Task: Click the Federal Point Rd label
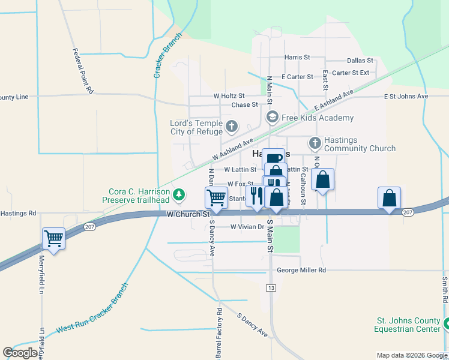[82, 71]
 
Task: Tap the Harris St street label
[297, 58]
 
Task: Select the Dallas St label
[360, 61]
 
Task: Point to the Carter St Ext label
[350, 73]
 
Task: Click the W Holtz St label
[229, 95]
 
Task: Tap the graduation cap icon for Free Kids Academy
[272, 117]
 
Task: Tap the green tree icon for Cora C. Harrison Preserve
[178, 194]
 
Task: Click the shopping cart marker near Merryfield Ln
[53, 238]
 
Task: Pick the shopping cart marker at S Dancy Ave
[216, 197]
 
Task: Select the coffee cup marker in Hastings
[273, 158]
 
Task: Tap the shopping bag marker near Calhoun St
[322, 179]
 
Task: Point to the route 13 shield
[272, 289]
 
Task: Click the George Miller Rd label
[301, 271]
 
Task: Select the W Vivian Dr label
[247, 227]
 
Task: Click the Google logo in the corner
[20, 353]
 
